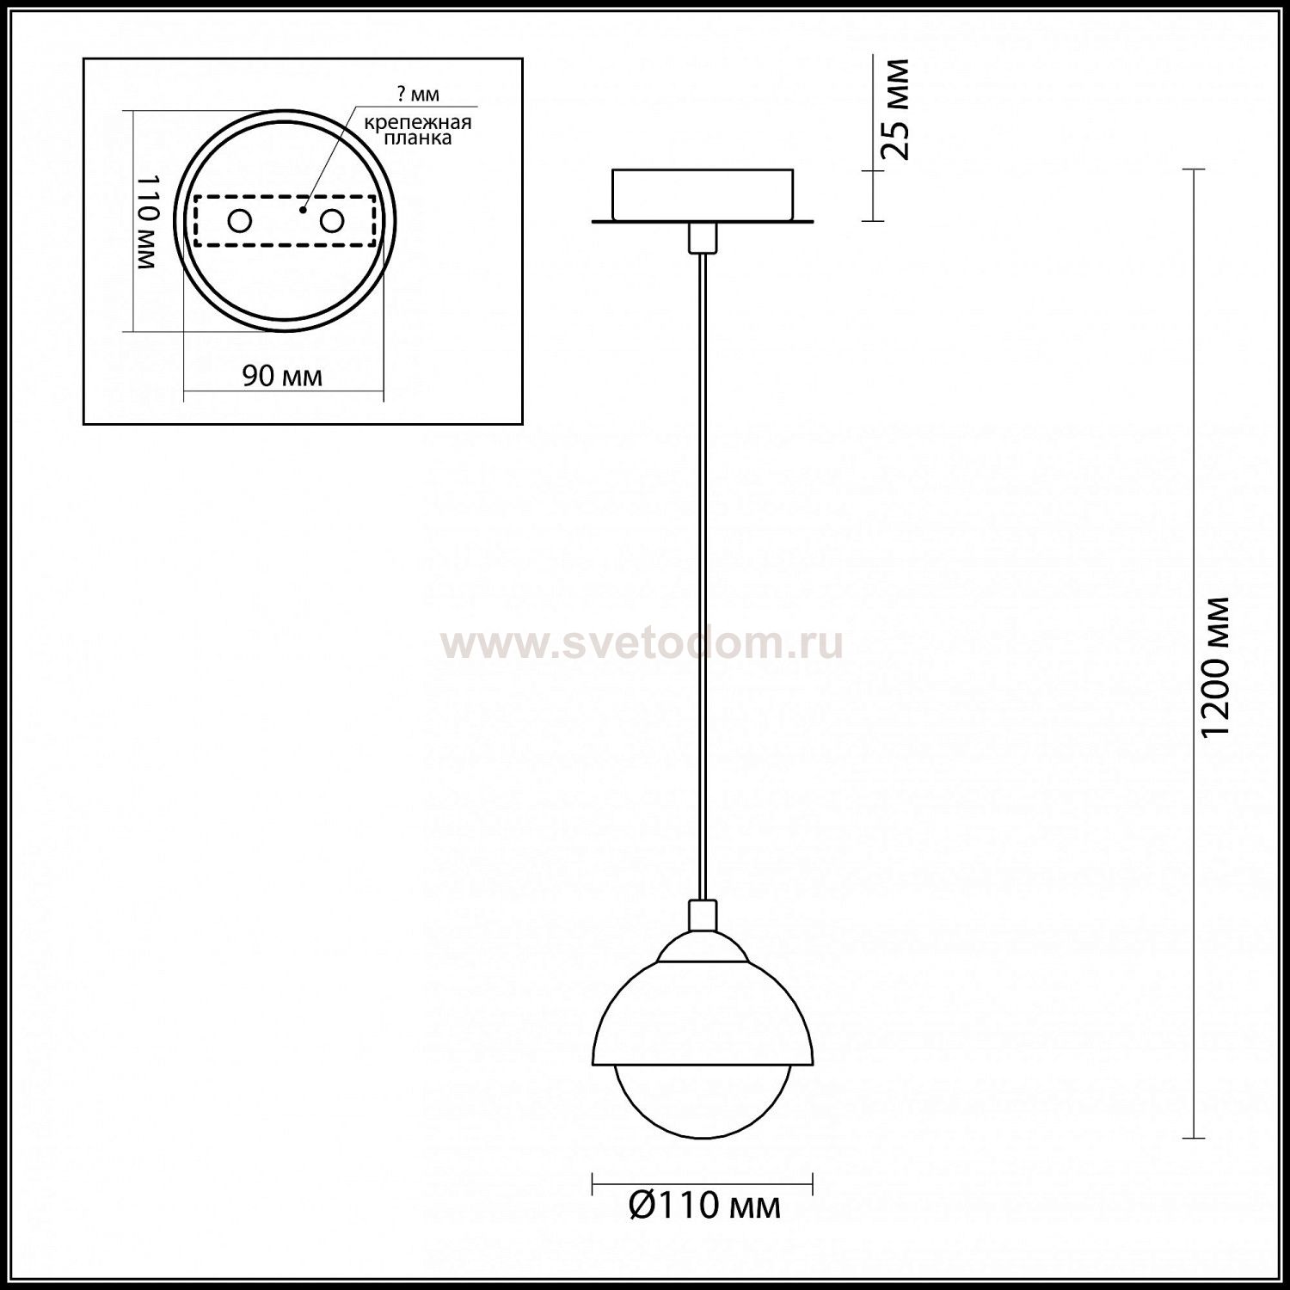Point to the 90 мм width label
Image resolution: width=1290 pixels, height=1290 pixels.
point(282,376)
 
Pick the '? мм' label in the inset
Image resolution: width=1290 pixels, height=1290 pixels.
point(421,94)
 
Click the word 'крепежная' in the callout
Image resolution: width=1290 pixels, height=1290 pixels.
point(418,122)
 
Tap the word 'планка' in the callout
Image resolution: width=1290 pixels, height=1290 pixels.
point(419,138)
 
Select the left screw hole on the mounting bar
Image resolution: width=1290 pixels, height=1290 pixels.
point(239,221)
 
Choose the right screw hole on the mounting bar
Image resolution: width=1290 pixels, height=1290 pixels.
point(331,221)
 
